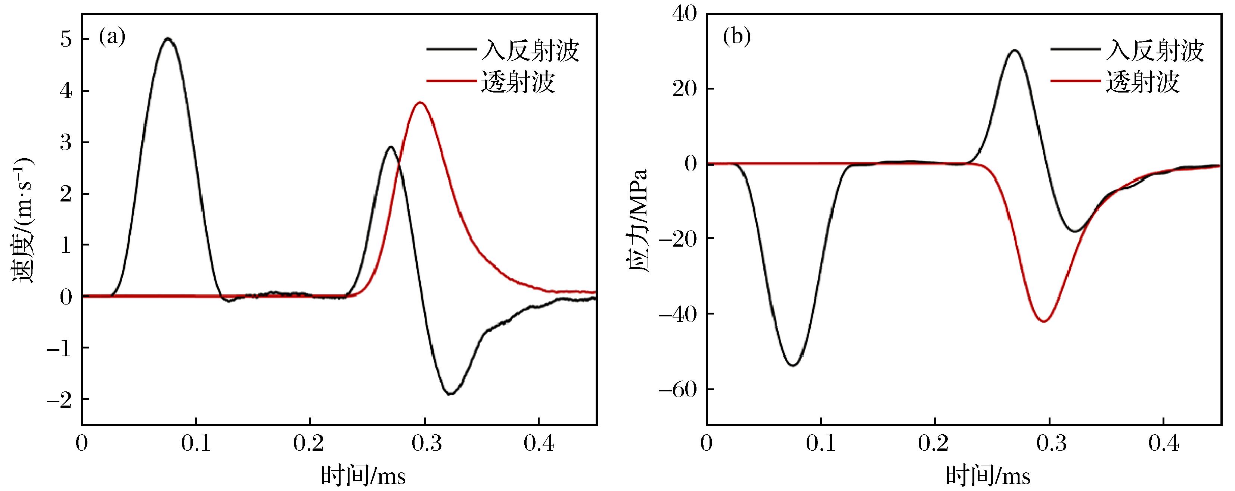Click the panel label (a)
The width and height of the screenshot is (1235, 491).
coord(112,37)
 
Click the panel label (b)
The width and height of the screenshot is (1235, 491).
coord(737,37)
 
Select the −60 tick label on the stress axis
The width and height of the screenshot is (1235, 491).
coord(677,390)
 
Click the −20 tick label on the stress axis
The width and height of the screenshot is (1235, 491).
coord(677,239)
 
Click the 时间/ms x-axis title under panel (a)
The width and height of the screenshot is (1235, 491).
coord(363,476)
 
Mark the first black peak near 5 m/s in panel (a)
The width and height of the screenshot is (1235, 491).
coord(168,38)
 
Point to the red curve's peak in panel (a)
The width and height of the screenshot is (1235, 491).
coord(421,103)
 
